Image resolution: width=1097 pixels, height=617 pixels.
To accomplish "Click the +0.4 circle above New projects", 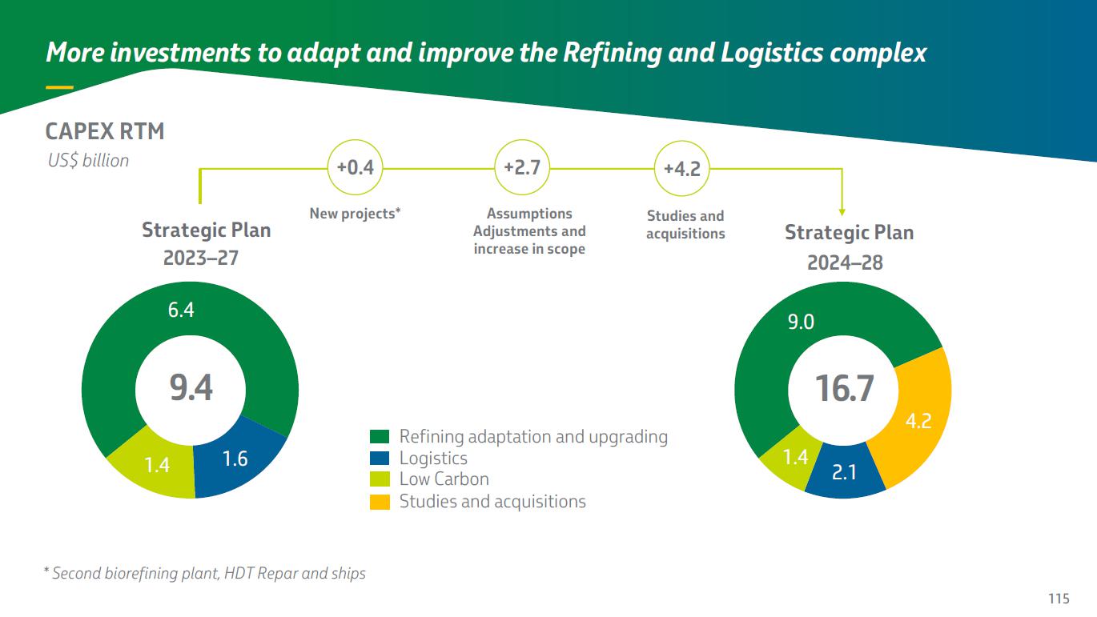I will pyautogui.click(x=355, y=168).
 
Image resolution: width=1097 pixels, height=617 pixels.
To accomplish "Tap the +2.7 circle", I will pyautogui.click(x=522, y=168).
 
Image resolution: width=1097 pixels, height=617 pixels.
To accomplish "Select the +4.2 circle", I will pyautogui.click(x=682, y=169).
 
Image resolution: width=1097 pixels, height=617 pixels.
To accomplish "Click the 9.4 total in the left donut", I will pyautogui.click(x=191, y=388).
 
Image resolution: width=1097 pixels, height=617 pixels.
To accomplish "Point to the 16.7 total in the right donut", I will pyautogui.click(x=844, y=389).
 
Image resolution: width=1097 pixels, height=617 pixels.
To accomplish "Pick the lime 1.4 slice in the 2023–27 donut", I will pyautogui.click(x=157, y=464).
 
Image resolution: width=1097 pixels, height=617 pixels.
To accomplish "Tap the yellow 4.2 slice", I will pyautogui.click(x=918, y=420).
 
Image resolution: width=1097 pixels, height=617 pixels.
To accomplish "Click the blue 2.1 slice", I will pyautogui.click(x=844, y=472).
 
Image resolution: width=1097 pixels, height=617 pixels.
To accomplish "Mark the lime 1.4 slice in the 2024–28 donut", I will pyautogui.click(x=795, y=457).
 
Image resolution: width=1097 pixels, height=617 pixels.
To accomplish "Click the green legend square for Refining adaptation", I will pyautogui.click(x=380, y=437).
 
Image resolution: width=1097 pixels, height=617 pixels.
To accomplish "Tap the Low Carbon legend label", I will pyautogui.click(x=444, y=479).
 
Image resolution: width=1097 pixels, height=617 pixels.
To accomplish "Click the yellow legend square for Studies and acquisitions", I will pyautogui.click(x=380, y=502).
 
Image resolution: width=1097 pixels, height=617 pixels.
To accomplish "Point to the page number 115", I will pyautogui.click(x=1059, y=599).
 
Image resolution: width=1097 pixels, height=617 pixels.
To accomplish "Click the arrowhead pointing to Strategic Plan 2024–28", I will pyautogui.click(x=842, y=211).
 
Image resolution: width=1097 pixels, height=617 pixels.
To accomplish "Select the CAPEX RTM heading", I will pyautogui.click(x=105, y=131).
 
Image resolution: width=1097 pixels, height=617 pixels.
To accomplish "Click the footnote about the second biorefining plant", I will pyautogui.click(x=204, y=573).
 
